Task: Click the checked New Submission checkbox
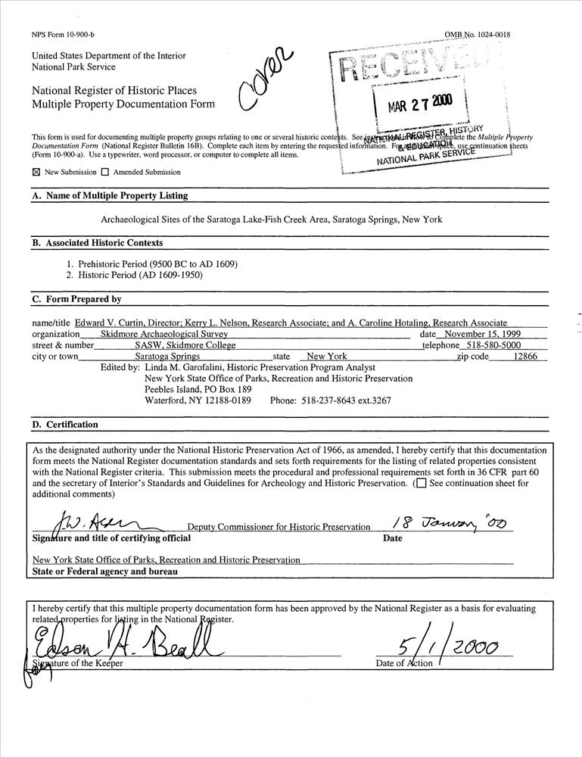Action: (x=36, y=172)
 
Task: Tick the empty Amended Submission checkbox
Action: (x=105, y=172)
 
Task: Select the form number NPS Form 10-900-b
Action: (x=61, y=35)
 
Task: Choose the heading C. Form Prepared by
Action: (x=76, y=299)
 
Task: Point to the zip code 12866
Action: (x=525, y=356)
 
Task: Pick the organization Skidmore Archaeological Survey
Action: (x=163, y=334)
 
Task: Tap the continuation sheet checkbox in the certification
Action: (x=421, y=483)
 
